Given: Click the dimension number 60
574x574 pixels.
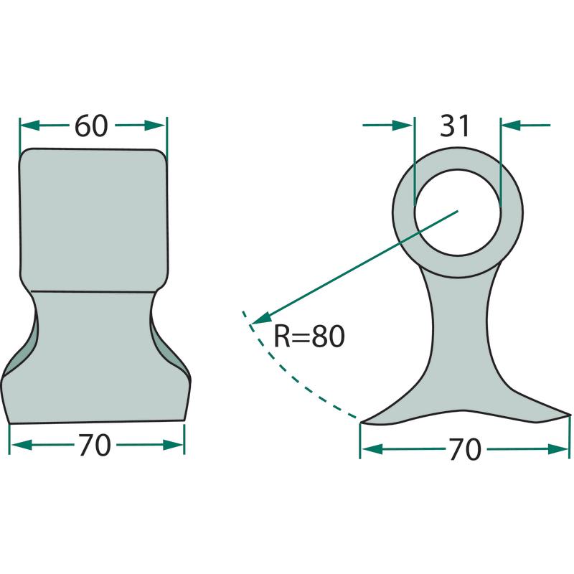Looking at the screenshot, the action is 91,126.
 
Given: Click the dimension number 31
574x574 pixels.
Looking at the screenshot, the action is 455,126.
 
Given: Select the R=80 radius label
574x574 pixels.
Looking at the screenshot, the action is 309,336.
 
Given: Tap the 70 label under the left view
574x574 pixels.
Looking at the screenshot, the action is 95,445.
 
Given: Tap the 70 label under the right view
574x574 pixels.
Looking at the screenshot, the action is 465,450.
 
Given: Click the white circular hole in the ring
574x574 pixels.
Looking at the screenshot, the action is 458,212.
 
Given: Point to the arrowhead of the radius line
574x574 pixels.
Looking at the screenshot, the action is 260,319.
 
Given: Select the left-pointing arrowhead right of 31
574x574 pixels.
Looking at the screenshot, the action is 511,125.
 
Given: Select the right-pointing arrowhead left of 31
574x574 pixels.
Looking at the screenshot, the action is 403,125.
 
